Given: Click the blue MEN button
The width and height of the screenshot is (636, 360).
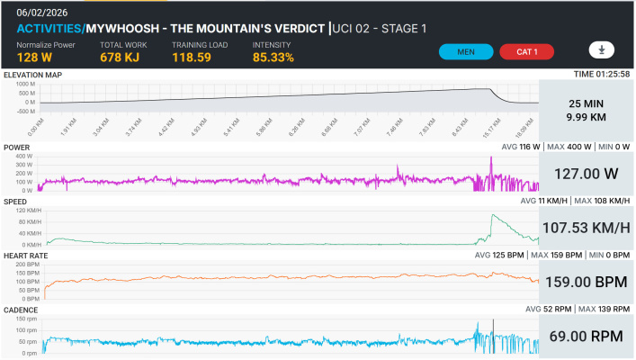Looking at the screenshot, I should tap(466, 51).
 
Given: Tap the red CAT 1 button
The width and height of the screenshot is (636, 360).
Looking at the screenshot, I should tap(526, 51).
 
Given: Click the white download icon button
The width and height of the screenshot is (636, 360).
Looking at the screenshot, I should tap(601, 49).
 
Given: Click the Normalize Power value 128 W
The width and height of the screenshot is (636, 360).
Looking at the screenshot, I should tap(33, 58).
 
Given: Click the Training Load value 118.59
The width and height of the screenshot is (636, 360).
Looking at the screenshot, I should tap(193, 58).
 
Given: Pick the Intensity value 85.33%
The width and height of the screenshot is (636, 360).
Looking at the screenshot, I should tap(273, 58).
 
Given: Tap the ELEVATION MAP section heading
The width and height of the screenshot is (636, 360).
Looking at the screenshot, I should tap(32, 74).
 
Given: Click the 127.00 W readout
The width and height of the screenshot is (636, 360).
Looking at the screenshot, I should tap(587, 171).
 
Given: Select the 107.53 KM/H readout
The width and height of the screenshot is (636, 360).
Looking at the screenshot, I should tap(587, 225).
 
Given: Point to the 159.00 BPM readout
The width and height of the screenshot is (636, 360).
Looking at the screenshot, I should tap(587, 281).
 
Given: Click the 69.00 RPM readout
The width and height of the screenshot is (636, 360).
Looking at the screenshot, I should tap(587, 336).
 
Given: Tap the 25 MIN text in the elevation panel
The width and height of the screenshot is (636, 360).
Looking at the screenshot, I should tap(587, 103).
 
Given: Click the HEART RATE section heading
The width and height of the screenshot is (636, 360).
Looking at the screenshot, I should tap(26, 256).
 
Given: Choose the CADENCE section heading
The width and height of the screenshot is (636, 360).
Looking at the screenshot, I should tap(22, 310).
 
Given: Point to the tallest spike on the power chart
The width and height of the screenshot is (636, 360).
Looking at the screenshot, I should tap(491, 158).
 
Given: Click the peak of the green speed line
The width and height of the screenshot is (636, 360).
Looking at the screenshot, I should tap(491, 214).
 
